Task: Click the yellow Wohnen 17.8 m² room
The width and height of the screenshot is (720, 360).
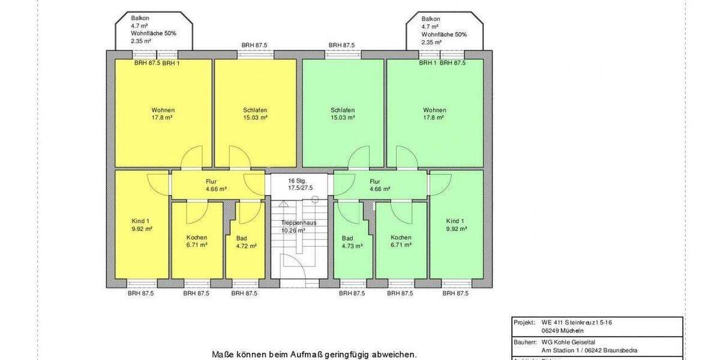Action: coord(163,113)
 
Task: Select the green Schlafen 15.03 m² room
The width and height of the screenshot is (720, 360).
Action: coord(342,113)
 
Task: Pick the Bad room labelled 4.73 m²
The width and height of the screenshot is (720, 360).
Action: coord(348,242)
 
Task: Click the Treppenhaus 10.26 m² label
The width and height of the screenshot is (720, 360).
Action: coord(298,226)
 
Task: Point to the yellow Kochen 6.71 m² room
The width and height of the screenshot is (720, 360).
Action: coord(197,241)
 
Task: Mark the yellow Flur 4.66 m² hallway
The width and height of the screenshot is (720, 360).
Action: coord(211,185)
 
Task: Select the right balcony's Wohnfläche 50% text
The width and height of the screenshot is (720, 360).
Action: coord(444,34)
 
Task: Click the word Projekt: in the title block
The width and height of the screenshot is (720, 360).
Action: coord(524,322)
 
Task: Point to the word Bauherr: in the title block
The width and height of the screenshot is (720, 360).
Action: coord(524,342)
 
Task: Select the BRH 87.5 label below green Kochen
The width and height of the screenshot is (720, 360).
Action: coord(401,293)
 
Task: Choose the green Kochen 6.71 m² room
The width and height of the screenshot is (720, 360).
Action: coord(401,241)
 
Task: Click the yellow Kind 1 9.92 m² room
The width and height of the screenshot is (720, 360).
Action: coord(142,225)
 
